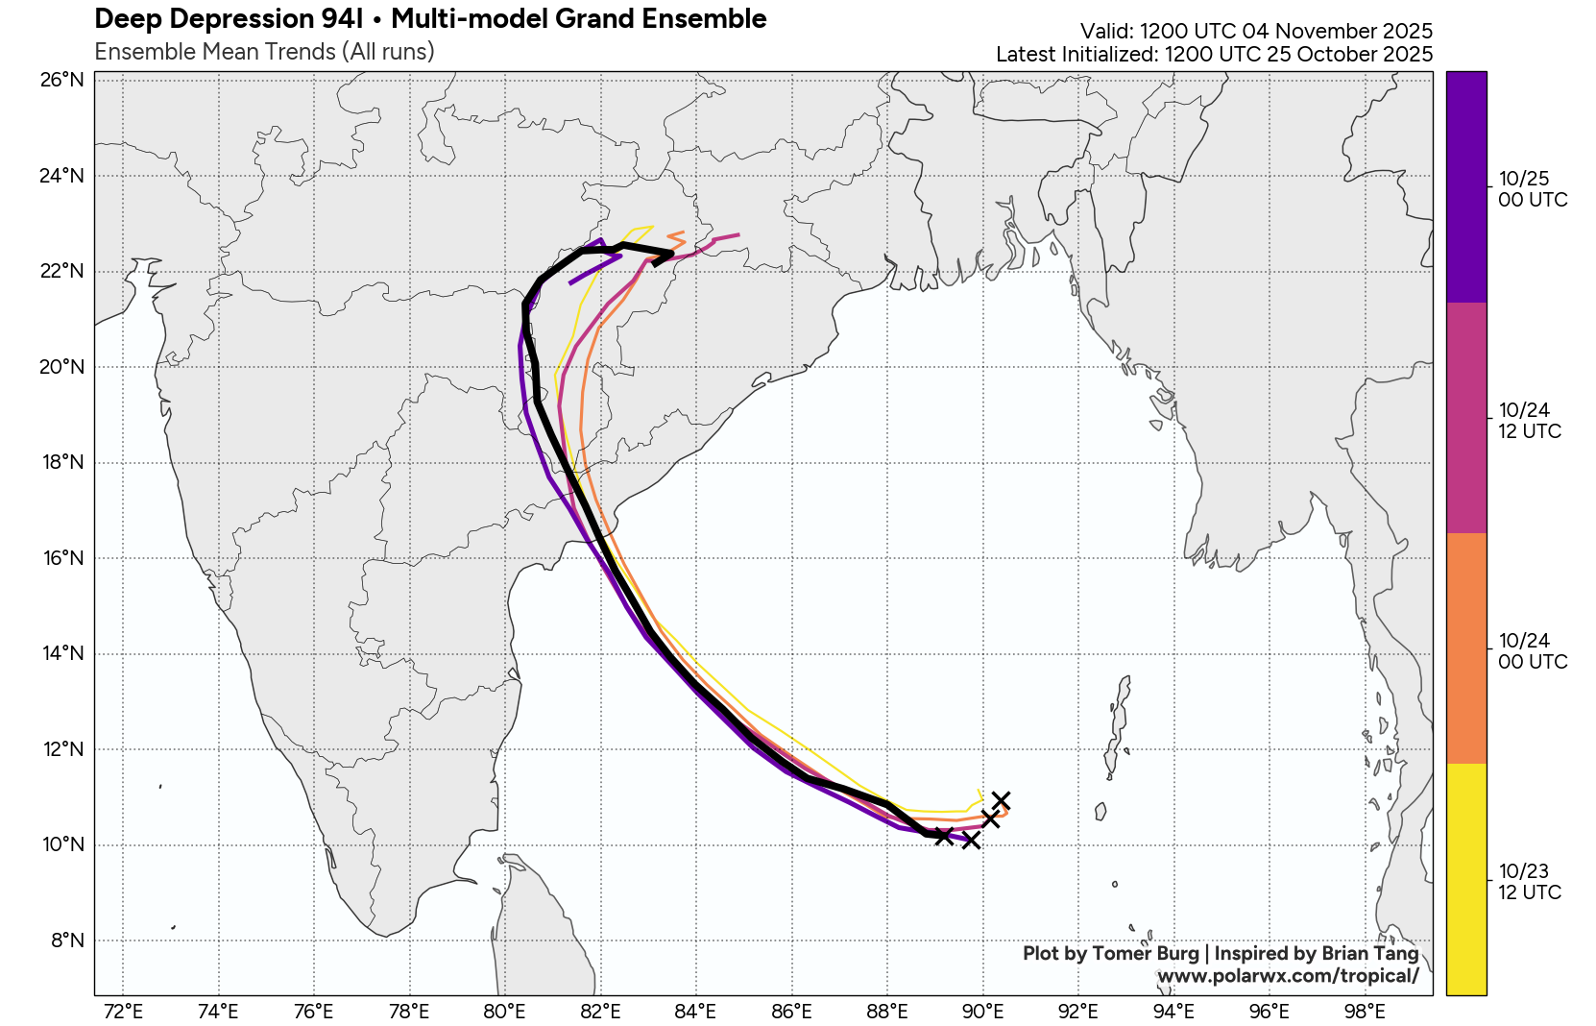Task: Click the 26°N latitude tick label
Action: coord(62,80)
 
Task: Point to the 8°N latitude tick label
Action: coord(67,940)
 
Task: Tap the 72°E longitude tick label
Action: coord(123,1012)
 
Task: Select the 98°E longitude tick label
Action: coord(1365,1012)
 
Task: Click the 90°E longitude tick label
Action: coord(982,1012)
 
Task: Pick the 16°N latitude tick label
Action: coord(62,558)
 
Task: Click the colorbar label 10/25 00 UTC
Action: coord(1532,189)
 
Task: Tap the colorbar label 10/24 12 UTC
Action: coord(1530,421)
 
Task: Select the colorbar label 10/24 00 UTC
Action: coord(1532,651)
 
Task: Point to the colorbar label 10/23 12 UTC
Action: coord(1530,882)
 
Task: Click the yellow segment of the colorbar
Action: coord(1466,879)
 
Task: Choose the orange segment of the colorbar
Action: coord(1466,648)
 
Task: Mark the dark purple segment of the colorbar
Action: coord(1466,187)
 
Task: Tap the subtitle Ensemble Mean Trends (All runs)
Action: coord(264,52)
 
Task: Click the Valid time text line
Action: coord(1256,31)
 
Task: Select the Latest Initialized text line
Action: coord(1214,55)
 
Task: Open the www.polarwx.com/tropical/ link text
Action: coord(1288,976)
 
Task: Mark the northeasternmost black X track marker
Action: coord(1001,800)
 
